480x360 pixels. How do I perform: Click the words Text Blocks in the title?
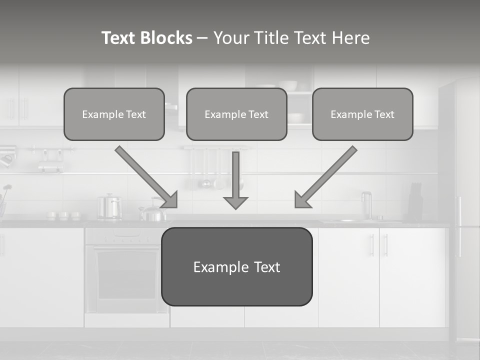146,38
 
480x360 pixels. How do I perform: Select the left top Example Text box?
114,114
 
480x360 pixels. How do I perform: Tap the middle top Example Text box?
236,114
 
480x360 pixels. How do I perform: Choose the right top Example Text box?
362,114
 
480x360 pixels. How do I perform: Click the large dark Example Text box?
236,266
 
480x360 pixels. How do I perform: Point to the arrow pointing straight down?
235,180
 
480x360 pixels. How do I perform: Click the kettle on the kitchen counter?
153,212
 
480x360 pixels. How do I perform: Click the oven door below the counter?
126,277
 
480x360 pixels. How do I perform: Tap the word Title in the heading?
270,38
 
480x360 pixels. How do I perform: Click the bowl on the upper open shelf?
288,85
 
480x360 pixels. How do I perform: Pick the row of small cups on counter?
63,215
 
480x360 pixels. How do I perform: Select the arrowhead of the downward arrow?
235,202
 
